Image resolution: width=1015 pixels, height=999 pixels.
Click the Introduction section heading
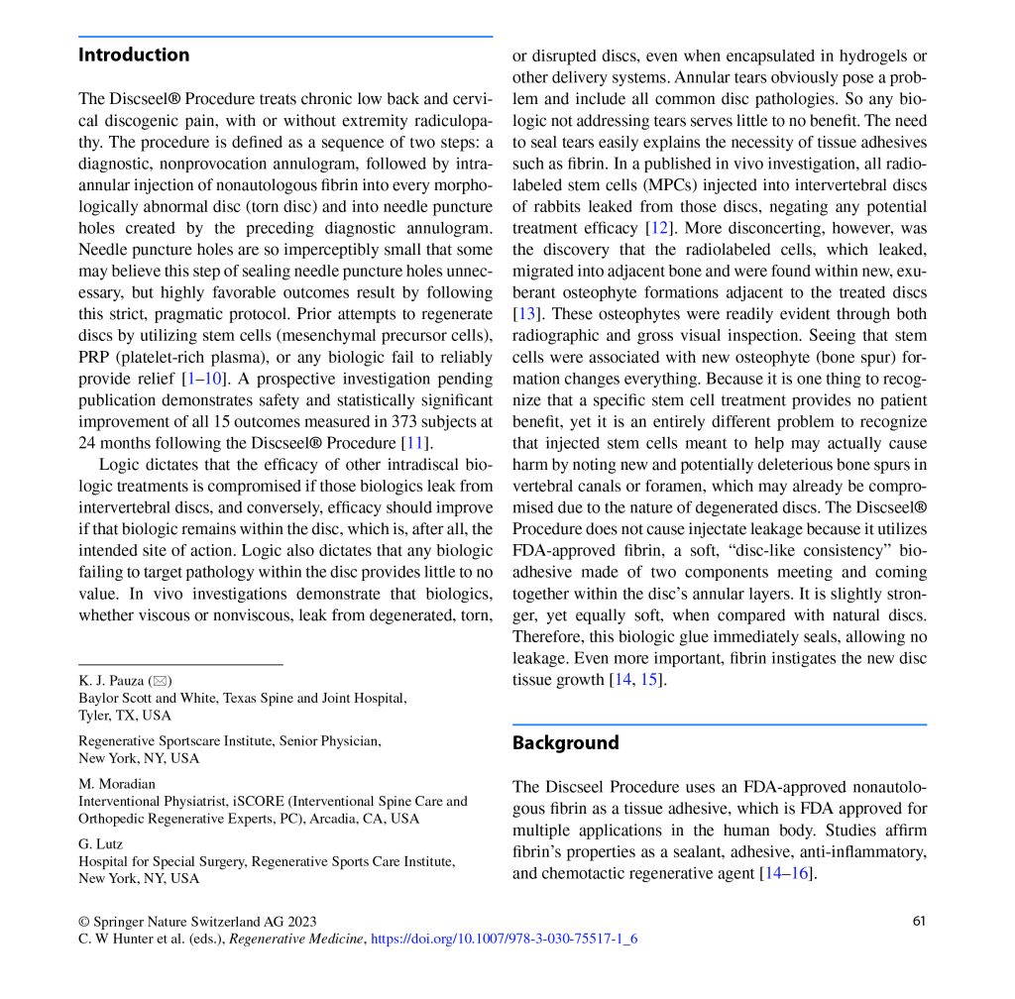(x=134, y=55)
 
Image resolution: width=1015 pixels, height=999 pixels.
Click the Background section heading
(x=565, y=743)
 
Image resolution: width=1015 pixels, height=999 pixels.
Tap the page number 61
(x=919, y=921)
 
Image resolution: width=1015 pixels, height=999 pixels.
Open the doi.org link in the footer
(x=504, y=938)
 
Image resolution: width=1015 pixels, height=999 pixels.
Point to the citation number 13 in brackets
(x=524, y=313)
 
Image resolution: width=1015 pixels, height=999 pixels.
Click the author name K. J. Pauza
(x=111, y=681)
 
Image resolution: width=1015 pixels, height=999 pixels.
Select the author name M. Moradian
(x=117, y=784)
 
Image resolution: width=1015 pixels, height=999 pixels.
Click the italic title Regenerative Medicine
(x=297, y=938)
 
